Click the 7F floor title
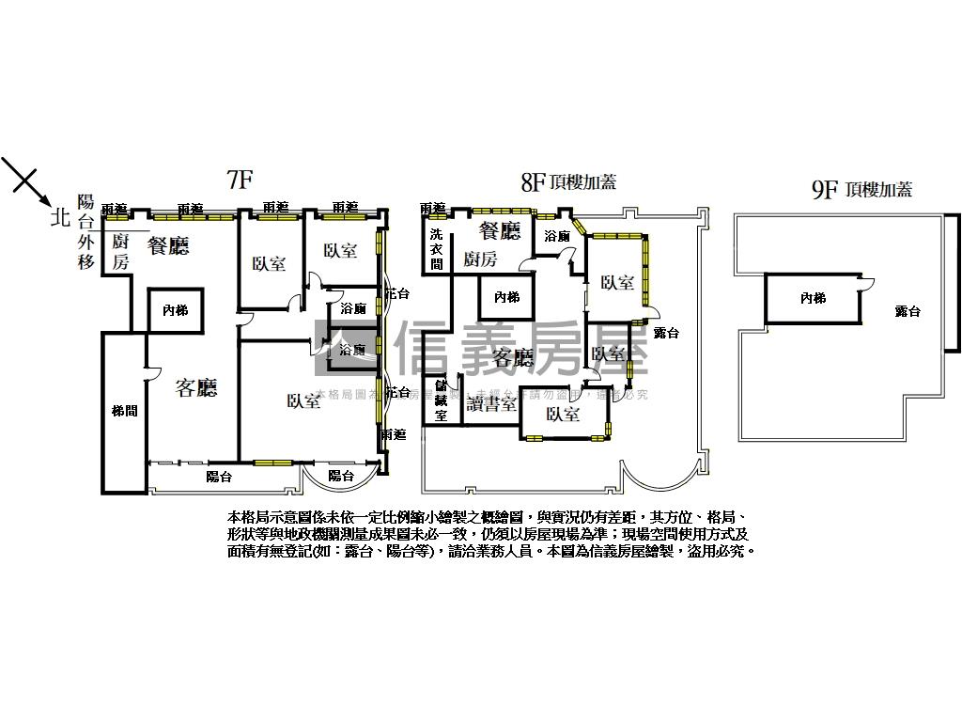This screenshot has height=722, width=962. pos(240,180)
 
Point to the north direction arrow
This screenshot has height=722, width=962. pos(25,182)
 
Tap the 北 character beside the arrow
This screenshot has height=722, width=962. pos(61,219)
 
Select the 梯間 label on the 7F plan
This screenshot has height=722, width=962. pos(124,411)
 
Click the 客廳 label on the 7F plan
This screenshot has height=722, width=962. pos(196,388)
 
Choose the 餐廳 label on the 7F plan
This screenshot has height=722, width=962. pos(168,246)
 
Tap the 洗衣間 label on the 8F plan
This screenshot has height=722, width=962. pos(436,249)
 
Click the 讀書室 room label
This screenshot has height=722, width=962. pos(491,404)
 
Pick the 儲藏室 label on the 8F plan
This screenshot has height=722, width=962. pos(441,400)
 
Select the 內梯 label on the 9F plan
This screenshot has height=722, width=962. pos(813,298)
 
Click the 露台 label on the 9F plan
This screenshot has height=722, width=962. pos(908,311)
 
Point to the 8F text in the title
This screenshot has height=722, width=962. pos(534,183)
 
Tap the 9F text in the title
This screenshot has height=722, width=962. pos(824,190)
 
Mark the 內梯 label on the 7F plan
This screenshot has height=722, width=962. pos(175,309)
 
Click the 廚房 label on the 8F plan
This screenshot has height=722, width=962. pos(480,259)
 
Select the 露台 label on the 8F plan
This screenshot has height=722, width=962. pos(666,333)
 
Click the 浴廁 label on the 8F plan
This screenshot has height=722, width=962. pos(556,236)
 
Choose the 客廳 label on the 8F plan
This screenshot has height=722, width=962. pos(513,357)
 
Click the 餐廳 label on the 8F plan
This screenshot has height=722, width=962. pos(500,230)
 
